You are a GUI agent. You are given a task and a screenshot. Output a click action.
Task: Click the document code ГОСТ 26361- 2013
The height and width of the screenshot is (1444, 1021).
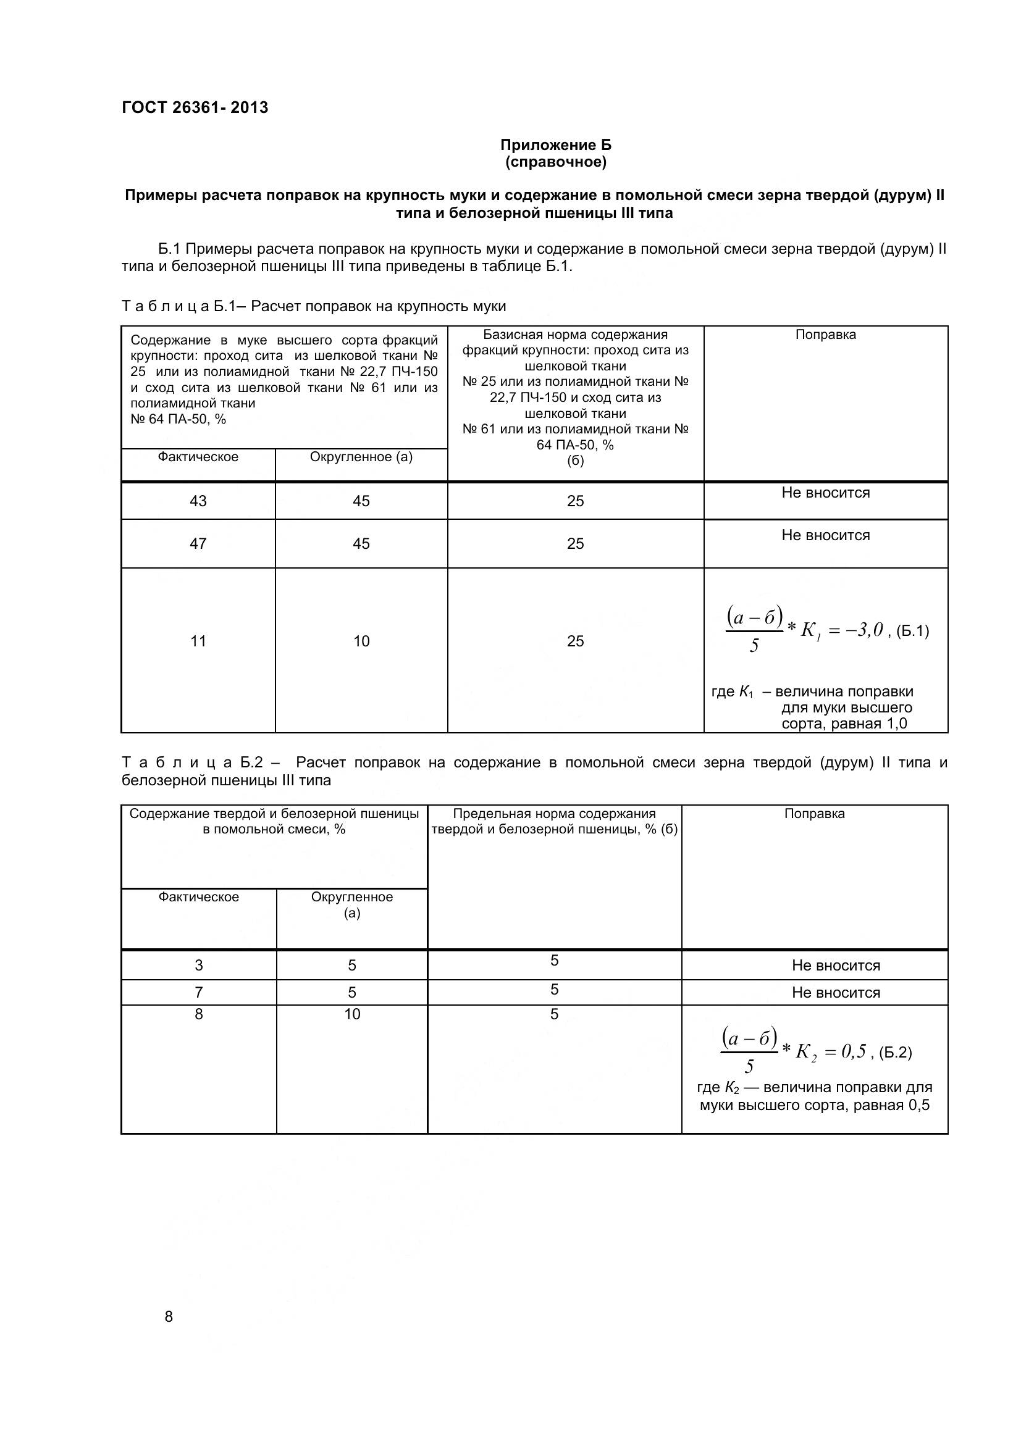(x=195, y=107)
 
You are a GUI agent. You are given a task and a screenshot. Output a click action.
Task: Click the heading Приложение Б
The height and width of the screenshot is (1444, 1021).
(x=555, y=145)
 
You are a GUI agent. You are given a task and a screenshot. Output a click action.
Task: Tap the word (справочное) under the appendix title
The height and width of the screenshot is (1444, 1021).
(x=555, y=162)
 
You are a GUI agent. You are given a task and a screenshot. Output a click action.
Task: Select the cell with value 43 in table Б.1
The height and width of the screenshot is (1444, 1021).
(x=198, y=501)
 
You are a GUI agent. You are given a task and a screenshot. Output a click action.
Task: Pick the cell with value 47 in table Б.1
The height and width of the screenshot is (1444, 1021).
(x=198, y=543)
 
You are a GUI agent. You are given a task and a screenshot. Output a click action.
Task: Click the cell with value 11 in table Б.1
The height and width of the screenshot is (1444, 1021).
(x=198, y=641)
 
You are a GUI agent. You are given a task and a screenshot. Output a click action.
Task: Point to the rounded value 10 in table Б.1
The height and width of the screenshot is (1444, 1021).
(x=361, y=641)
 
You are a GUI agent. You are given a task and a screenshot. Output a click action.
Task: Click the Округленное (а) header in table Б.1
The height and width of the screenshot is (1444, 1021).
(x=361, y=457)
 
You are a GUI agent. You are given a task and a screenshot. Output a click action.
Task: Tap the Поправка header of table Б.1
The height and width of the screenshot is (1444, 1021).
(x=825, y=335)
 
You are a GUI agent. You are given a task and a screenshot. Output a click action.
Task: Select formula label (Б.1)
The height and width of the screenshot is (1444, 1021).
(x=912, y=631)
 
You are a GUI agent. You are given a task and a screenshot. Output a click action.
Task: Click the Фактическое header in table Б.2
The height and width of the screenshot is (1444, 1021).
(x=198, y=897)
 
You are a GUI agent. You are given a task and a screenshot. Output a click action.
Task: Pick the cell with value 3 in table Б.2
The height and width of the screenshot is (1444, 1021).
(x=198, y=966)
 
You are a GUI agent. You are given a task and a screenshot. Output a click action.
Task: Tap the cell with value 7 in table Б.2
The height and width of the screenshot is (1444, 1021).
(x=198, y=993)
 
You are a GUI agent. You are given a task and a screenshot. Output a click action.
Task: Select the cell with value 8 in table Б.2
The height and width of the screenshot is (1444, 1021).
(x=198, y=1014)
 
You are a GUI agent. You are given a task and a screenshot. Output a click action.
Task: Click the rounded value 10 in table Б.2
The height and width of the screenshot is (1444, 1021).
(x=351, y=1014)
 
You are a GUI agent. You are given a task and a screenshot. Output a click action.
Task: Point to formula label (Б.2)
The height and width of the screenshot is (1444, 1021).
(x=894, y=1053)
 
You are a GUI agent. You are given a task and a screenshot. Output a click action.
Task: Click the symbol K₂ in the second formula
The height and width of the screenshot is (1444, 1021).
(x=806, y=1052)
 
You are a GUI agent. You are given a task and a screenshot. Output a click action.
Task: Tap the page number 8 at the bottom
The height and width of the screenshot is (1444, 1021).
(x=169, y=1316)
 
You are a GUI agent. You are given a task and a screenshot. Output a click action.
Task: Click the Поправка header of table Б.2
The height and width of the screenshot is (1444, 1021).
(x=814, y=814)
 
